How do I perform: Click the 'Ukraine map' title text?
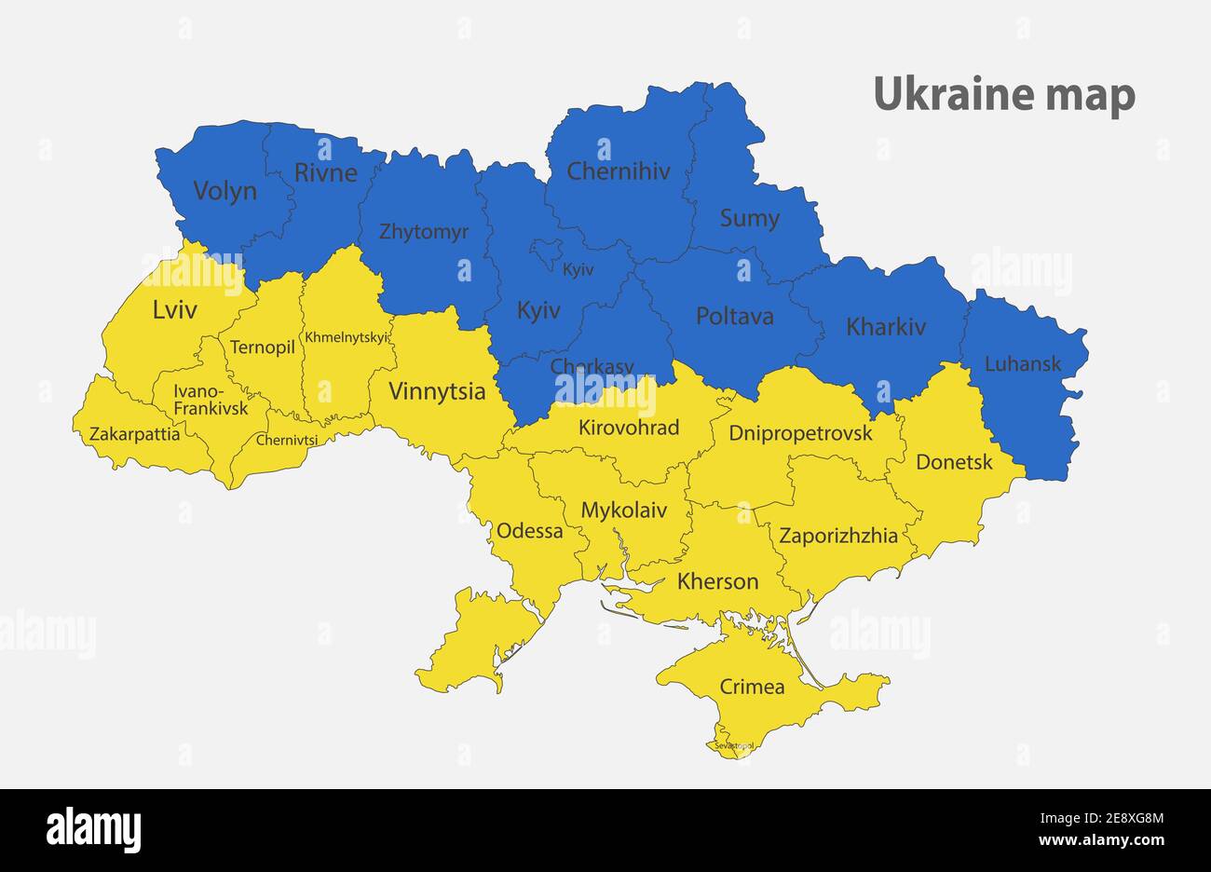point(1004,95)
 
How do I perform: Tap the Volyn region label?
point(225,191)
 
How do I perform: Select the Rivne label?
point(325,172)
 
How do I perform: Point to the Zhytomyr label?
point(423,232)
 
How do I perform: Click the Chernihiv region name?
point(618,171)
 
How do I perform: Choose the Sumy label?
point(749,219)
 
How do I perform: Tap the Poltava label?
point(734,316)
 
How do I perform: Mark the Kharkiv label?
point(885,327)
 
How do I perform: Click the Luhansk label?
point(1022,363)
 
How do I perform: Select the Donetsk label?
point(954,462)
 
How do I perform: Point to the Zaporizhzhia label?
point(838,536)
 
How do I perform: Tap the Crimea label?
point(751,688)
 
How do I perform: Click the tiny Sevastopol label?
point(733,746)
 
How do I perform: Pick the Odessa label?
point(529,531)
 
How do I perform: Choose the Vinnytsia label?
point(436,391)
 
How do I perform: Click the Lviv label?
point(174,310)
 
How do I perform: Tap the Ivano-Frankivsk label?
point(211,400)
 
